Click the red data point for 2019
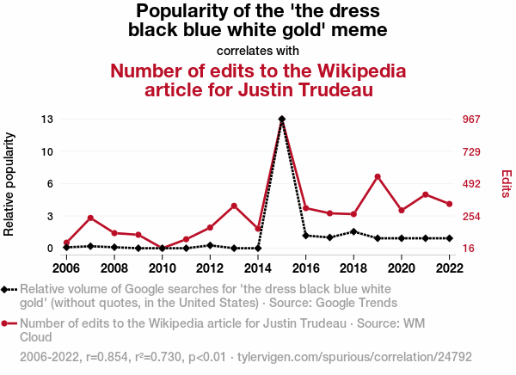pos(378,176)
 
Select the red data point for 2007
pos(90,218)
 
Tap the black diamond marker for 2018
pos(353,231)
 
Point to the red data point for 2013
pos(234,206)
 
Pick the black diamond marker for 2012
pos(210,245)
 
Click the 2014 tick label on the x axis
pos(258,267)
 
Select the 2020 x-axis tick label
pos(402,267)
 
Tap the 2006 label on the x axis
pos(66,267)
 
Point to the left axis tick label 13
pos(46,119)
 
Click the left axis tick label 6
pos(50,183)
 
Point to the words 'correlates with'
pos(258,50)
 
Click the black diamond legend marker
pos(8,290)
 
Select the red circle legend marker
pos(8,323)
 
